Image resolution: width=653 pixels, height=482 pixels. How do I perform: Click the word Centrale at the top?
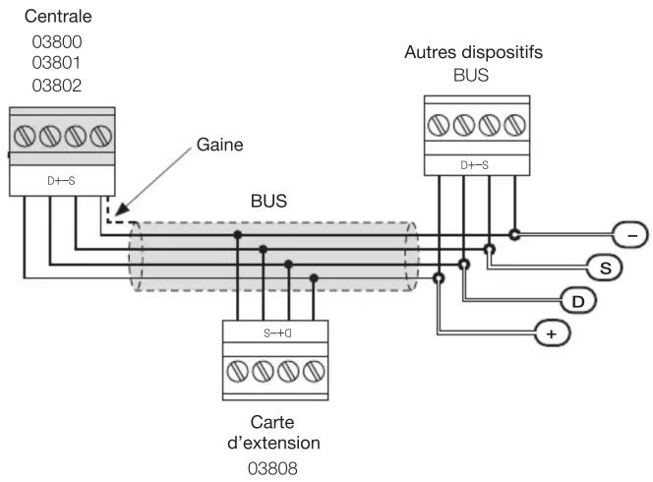58,17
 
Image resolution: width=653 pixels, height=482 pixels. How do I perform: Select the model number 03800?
57,42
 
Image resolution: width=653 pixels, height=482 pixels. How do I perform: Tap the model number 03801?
56,63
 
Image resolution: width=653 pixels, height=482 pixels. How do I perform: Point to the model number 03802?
57,86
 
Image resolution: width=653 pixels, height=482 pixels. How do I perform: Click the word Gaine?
220,145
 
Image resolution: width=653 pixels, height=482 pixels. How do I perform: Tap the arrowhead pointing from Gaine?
121,210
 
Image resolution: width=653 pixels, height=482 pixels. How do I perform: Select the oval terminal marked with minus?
630,235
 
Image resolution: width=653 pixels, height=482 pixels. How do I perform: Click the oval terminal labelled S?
605,268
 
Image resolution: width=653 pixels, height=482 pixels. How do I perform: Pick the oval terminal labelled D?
579,301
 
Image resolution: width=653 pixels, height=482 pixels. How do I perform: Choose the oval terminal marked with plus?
552,333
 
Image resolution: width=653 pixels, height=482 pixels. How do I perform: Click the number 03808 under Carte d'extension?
272,468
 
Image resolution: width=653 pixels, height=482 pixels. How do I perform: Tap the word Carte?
272,422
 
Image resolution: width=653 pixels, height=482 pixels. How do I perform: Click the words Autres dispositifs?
473,52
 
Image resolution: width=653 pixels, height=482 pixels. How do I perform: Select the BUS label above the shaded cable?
268,202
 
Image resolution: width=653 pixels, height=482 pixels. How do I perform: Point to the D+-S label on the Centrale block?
61,181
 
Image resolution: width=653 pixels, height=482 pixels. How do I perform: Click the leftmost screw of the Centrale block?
25,136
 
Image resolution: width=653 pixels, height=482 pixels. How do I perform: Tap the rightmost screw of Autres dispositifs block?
514,125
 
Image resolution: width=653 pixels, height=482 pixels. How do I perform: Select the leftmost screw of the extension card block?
237,371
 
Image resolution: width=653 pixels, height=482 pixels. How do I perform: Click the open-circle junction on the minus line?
514,235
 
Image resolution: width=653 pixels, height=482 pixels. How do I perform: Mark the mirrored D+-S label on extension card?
277,332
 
